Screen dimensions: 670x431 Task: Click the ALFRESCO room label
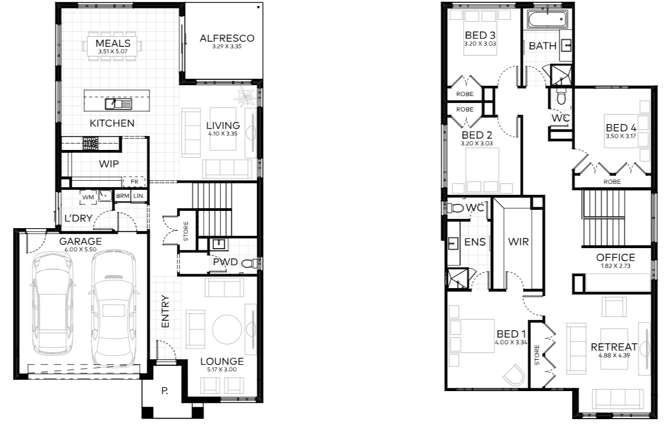tap(227, 38)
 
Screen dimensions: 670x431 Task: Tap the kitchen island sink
tap(118, 104)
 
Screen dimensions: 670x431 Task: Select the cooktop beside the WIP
tap(91, 143)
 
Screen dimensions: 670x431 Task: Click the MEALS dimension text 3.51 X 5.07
tap(113, 51)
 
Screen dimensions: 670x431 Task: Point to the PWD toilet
tap(249, 264)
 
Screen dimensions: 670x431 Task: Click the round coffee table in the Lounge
tap(227, 329)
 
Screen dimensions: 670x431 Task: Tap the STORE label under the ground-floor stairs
tap(186, 231)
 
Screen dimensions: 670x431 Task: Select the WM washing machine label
tap(88, 197)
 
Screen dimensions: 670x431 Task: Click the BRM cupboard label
tap(123, 196)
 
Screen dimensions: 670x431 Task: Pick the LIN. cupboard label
tap(139, 196)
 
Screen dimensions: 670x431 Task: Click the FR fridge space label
tap(134, 182)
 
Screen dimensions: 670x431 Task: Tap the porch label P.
tap(164, 391)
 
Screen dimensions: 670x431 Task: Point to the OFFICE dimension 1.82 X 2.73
tap(616, 266)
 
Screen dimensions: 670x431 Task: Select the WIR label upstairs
tap(519, 242)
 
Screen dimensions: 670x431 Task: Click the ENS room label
tap(475, 242)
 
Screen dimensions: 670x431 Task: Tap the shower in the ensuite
tap(457, 279)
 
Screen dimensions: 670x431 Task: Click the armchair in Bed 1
tap(514, 375)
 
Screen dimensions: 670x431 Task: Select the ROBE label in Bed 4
tap(612, 182)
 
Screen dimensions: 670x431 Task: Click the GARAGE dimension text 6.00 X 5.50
tap(80, 249)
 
